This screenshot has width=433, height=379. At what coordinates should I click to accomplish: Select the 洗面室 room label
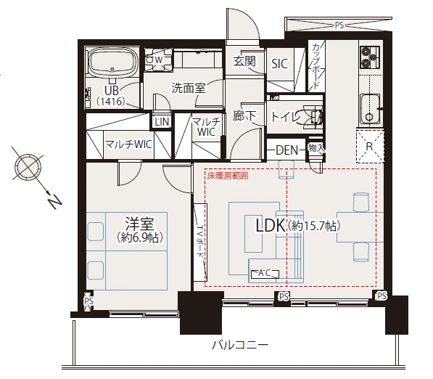coord(189,88)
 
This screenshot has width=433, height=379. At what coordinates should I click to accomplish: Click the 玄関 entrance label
coord(244,62)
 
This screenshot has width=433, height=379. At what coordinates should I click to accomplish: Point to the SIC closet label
coord(279,64)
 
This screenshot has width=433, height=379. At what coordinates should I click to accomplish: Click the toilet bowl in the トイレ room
coord(311,116)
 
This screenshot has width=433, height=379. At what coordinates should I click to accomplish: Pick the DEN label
coord(287,150)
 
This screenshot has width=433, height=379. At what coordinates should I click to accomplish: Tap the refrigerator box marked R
coord(370,146)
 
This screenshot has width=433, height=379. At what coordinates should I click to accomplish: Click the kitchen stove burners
coord(369,57)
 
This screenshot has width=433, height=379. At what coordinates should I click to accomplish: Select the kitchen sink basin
coord(370,109)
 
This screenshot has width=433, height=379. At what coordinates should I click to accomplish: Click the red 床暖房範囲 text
coord(228,176)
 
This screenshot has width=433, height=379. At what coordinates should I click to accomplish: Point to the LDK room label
coord(271,225)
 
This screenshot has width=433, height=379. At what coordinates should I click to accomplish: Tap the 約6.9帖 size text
coord(140,237)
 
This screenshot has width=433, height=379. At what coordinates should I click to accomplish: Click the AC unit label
coord(265,274)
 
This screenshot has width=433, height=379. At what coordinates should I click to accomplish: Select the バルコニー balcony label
coord(240,345)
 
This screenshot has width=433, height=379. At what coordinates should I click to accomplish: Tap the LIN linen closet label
coord(162,122)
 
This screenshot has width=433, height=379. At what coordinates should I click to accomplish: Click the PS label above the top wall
coord(339,25)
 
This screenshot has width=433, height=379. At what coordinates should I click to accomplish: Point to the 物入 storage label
coord(317,148)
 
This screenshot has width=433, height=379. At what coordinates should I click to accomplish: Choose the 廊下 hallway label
coord(244,116)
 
